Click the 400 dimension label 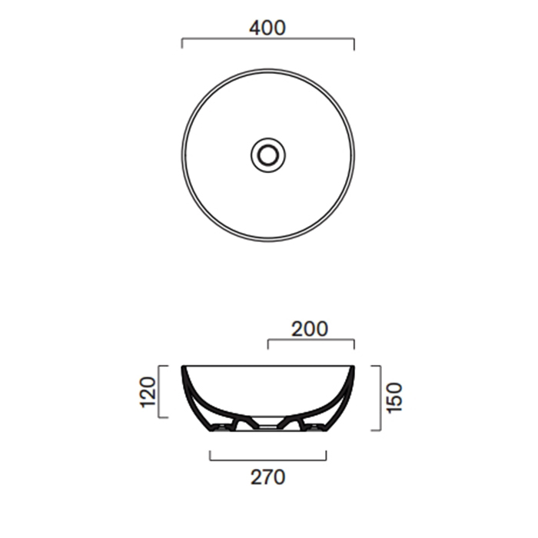click(x=267, y=28)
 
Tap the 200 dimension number click(x=310, y=329)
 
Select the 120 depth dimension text click(x=148, y=392)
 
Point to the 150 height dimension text click(x=394, y=398)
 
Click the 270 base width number click(x=267, y=477)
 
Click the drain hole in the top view click(x=268, y=155)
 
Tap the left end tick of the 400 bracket click(x=182, y=44)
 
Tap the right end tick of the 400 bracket click(x=354, y=44)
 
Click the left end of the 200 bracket click(x=268, y=344)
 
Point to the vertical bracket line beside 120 click(x=158, y=391)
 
